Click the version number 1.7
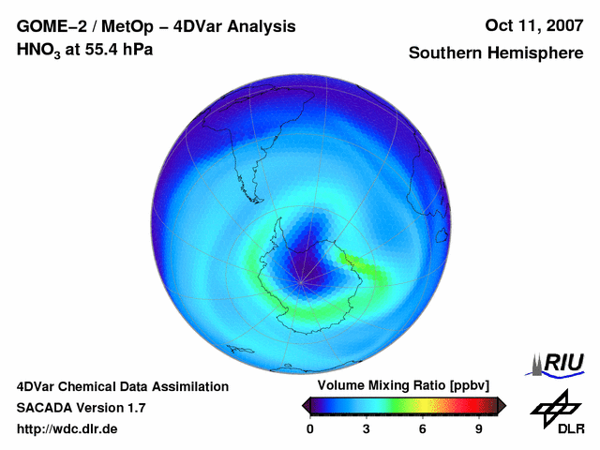coord(135,408)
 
